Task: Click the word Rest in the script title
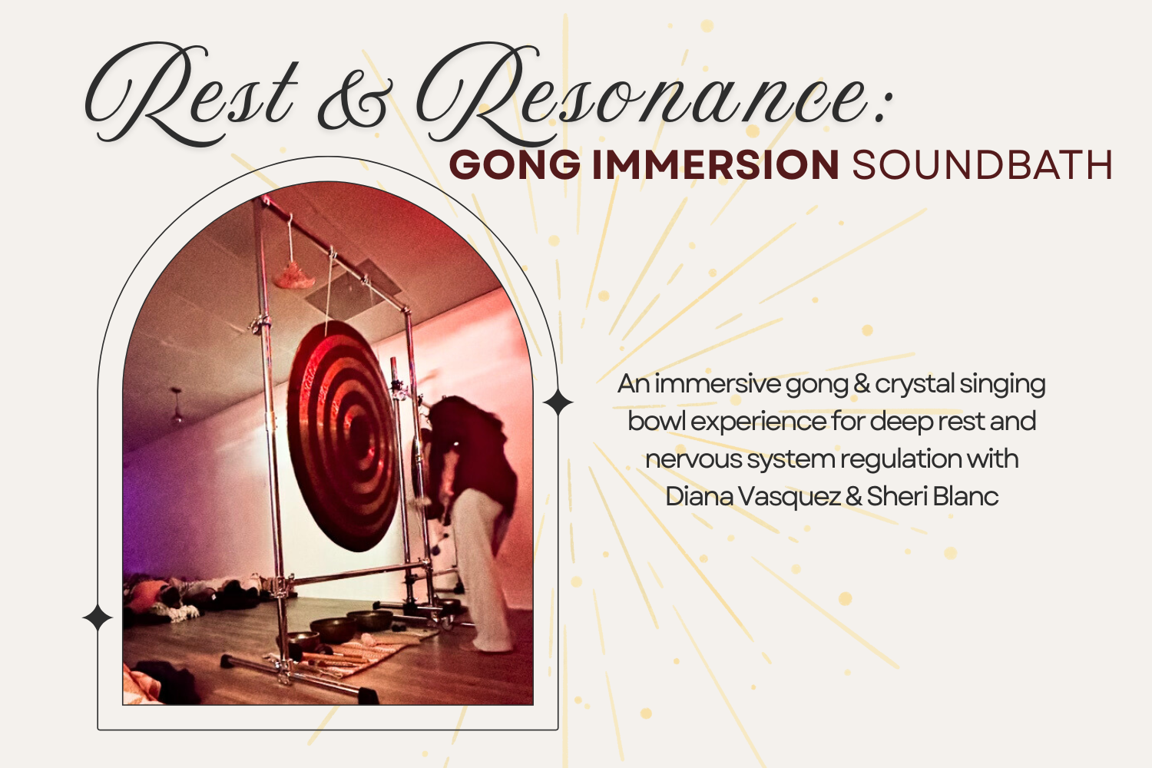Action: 192,96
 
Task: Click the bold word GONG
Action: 515,165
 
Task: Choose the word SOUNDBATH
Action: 982,165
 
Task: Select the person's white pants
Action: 481,568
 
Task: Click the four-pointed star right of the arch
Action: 558,402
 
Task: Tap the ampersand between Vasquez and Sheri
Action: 853,497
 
